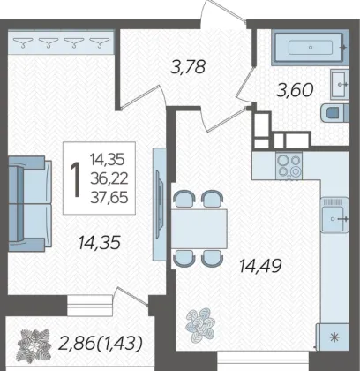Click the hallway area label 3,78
(x=188, y=67)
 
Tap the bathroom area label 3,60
(x=295, y=90)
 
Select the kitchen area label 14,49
(x=260, y=266)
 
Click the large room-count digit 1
(x=76, y=178)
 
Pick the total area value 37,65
(x=109, y=197)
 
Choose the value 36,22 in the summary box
(x=109, y=178)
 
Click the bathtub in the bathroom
(x=310, y=47)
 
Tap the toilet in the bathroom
(x=335, y=112)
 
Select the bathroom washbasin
(x=340, y=85)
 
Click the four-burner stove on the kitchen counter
(x=289, y=165)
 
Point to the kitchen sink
(x=335, y=215)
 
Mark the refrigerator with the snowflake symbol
(x=333, y=337)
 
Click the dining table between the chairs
(x=199, y=229)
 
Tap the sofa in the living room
(x=30, y=204)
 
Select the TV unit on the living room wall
(x=159, y=204)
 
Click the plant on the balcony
(x=34, y=344)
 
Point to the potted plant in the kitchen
(x=200, y=325)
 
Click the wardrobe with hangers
(x=61, y=42)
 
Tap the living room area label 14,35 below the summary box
(x=100, y=243)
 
